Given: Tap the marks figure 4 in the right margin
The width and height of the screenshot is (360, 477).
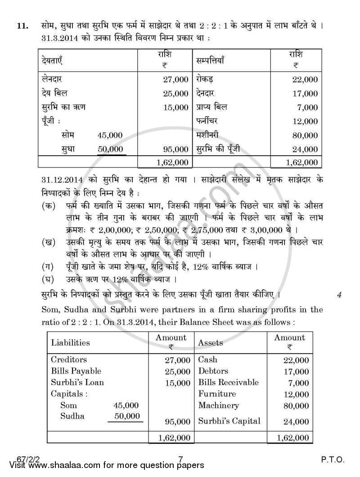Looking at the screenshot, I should (339, 295).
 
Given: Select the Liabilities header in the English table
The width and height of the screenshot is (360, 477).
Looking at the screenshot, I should (70, 342).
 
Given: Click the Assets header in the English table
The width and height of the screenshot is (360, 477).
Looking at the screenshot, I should (210, 342).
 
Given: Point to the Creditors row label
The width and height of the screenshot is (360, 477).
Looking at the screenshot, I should (69, 360).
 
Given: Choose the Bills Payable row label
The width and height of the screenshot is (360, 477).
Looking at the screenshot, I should (76, 371).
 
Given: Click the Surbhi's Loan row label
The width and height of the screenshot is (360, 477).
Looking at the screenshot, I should (77, 382).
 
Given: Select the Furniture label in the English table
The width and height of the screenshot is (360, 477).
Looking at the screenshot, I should (217, 394).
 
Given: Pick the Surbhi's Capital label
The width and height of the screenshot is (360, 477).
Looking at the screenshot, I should (229, 421).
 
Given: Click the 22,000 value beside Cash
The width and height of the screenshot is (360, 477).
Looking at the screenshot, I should (296, 360).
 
